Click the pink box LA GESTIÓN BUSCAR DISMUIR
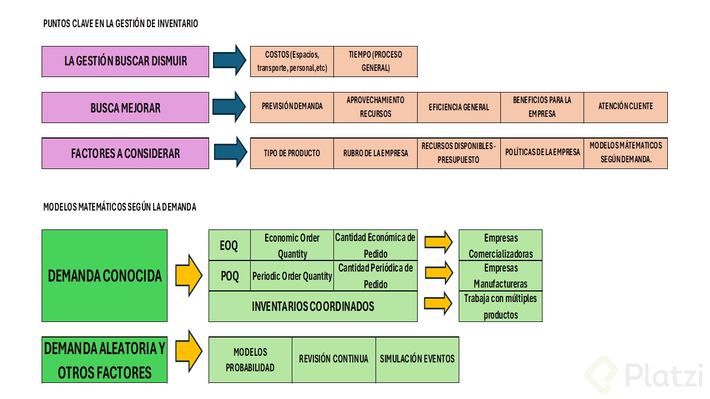tap(125, 61)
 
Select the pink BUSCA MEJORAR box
tap(125, 108)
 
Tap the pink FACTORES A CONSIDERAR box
tap(125, 154)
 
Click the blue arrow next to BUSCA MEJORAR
tap(230, 106)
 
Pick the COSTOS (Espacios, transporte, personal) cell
tap(292, 62)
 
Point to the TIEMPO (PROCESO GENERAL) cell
tap(376, 62)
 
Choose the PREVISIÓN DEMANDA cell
tap(292, 107)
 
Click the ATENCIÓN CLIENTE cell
tap(626, 107)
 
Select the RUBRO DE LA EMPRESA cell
tap(376, 153)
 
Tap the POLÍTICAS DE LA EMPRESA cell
tap(542, 153)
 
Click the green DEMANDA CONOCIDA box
tap(104, 275)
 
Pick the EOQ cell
tap(229, 245)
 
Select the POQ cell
tap(229, 275)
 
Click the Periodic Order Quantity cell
tap(292, 275)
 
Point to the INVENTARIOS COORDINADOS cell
tap(313, 306)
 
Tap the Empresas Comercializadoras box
tap(500, 245)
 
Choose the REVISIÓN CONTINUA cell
tap(333, 359)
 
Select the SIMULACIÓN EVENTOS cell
tap(417, 359)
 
